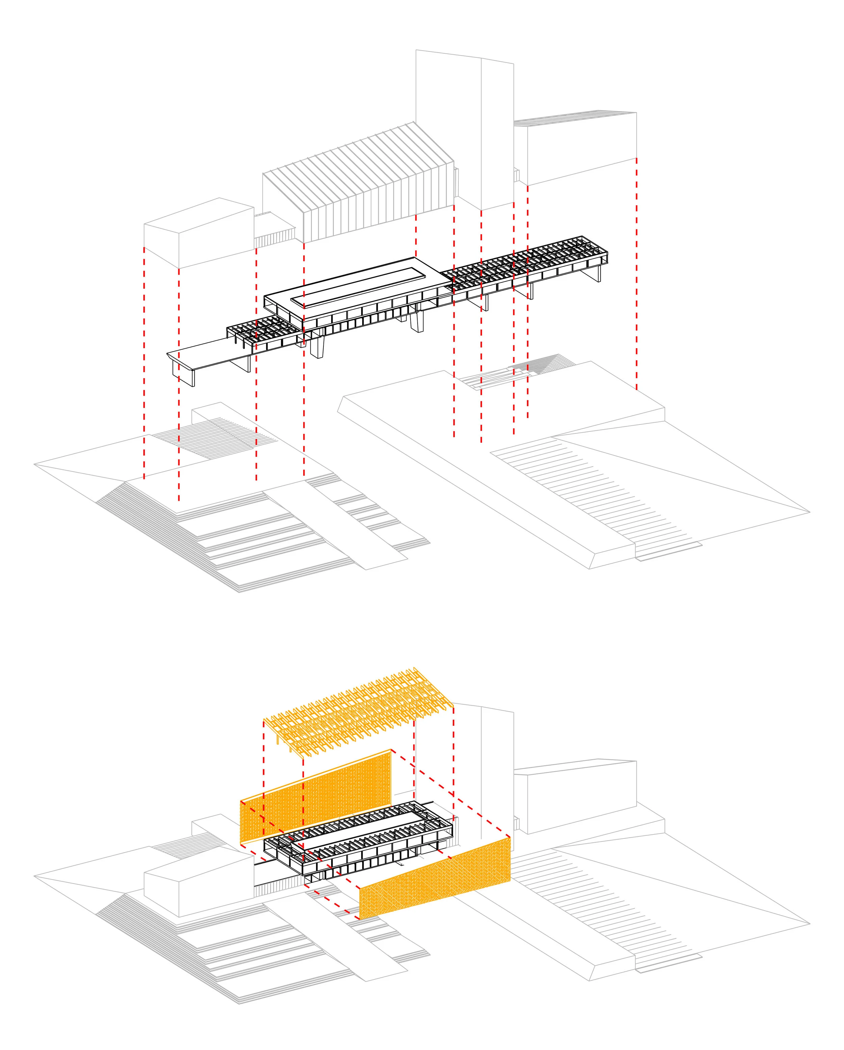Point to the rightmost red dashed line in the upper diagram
click(x=636, y=273)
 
